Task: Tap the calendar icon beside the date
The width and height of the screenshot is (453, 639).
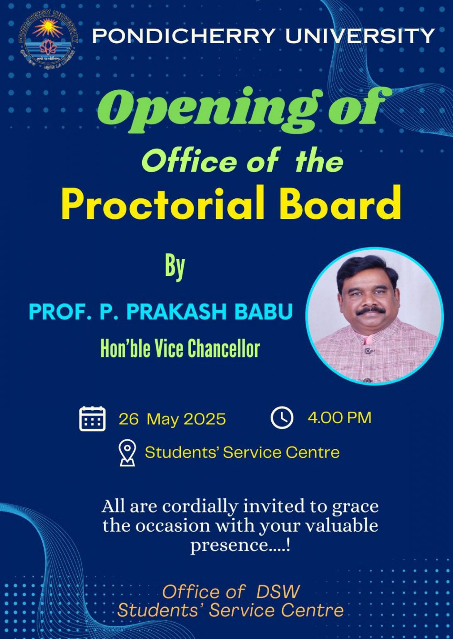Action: (x=92, y=419)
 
